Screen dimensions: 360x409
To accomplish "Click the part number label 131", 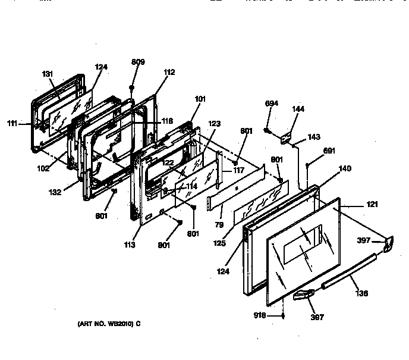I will (48, 74).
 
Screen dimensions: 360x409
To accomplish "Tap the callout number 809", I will (138, 61).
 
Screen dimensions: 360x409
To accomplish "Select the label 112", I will (169, 72).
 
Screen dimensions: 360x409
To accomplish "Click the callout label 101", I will (200, 99).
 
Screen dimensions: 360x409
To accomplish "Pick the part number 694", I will (272, 103).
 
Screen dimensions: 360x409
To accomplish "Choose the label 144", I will (298, 109).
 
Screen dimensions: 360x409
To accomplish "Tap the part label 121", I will (372, 205).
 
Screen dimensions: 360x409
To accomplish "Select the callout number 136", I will (361, 293).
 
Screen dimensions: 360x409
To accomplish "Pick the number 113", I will (130, 245).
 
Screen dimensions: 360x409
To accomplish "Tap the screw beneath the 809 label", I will (132, 87).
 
